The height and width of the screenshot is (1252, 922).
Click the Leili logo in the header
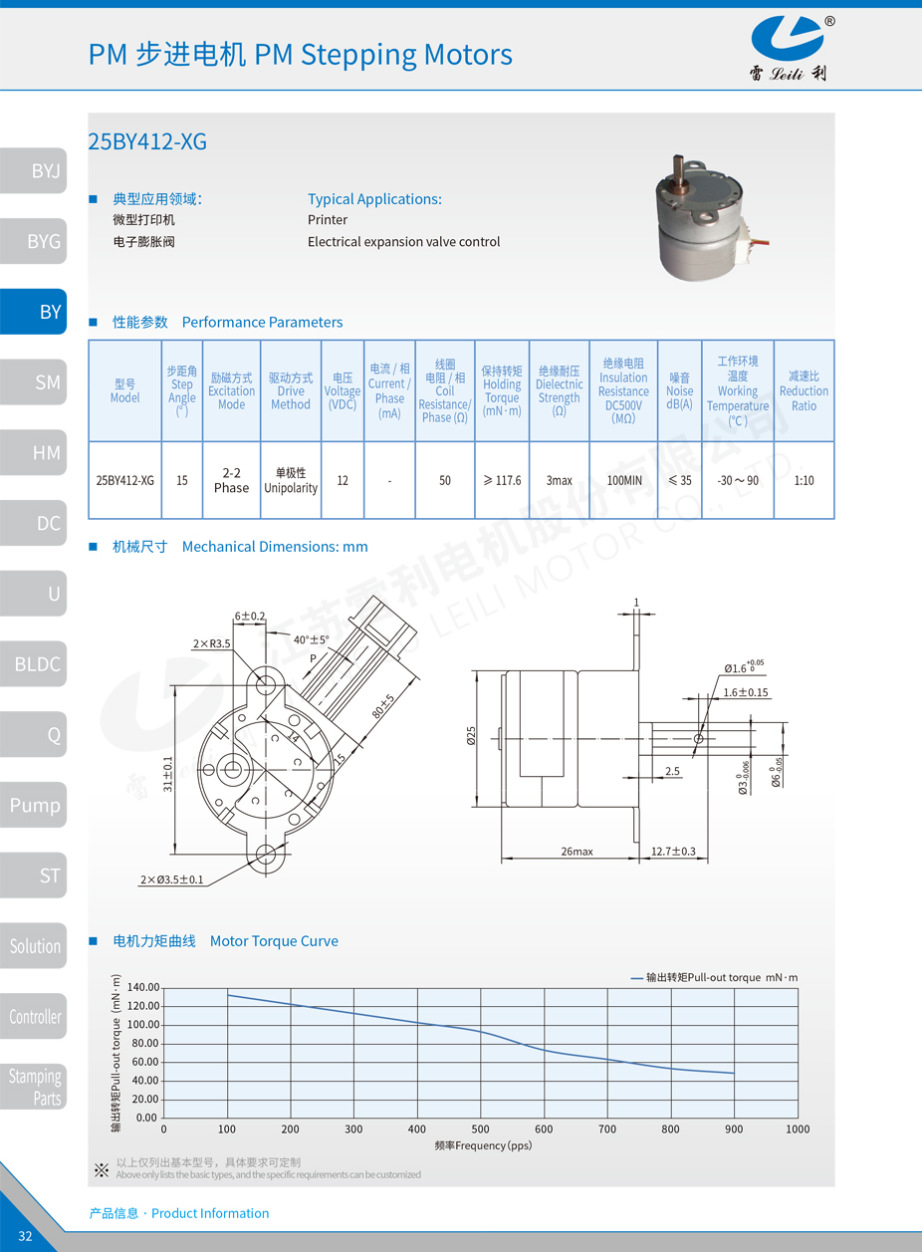(788, 48)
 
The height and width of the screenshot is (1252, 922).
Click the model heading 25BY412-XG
(147, 141)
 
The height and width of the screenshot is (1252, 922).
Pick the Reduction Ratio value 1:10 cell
(804, 480)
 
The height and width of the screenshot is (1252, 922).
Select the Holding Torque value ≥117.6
(502, 480)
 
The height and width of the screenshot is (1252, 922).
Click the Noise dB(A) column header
(679, 391)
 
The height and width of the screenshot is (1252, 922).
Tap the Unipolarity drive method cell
(291, 480)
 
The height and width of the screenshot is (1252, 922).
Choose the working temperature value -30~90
(737, 480)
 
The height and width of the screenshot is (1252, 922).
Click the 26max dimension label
(576, 852)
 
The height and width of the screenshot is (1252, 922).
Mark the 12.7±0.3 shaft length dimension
(673, 852)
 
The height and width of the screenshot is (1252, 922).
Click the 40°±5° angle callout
(311, 639)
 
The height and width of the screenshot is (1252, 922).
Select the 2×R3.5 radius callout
(211, 643)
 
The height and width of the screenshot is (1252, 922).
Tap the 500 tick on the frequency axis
(481, 1128)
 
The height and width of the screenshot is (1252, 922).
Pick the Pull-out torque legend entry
(714, 977)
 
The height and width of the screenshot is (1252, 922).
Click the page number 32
(25, 1236)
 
